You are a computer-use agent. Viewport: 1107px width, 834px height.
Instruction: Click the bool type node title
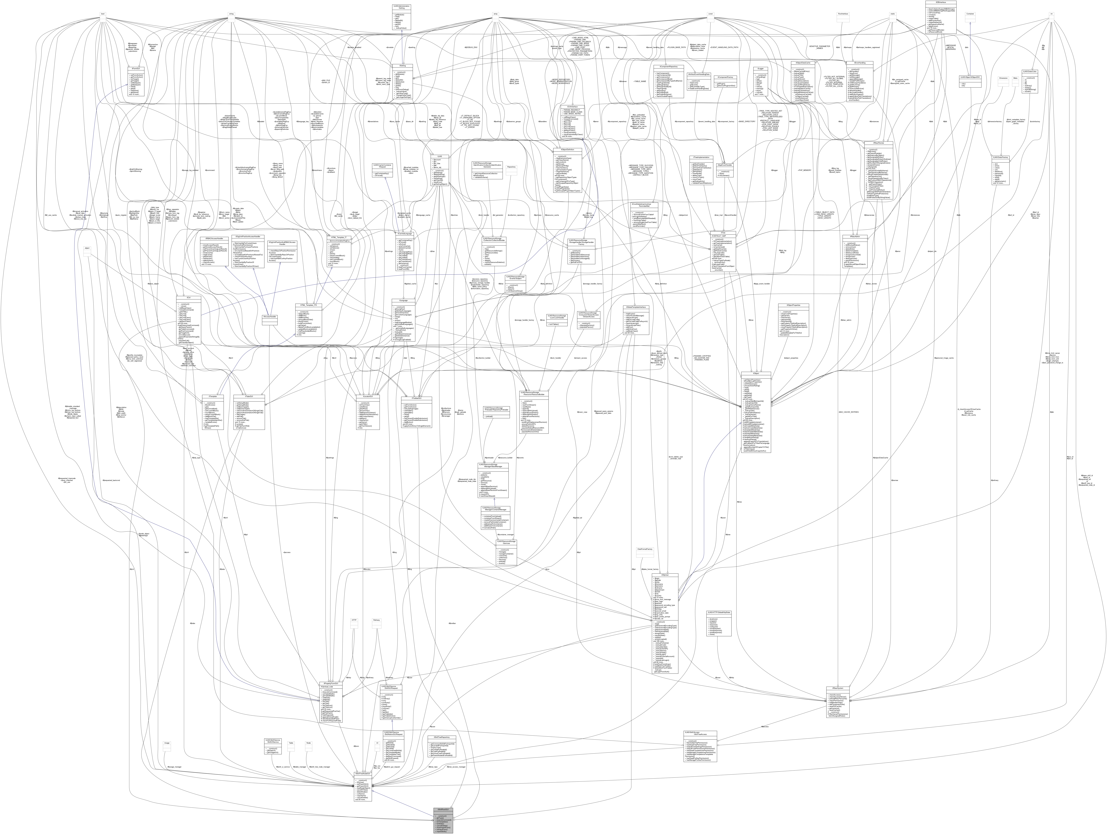(103, 13)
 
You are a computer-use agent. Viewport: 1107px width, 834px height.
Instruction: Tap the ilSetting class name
(402, 65)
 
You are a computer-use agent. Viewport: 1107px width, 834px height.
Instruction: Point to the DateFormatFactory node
(644, 549)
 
